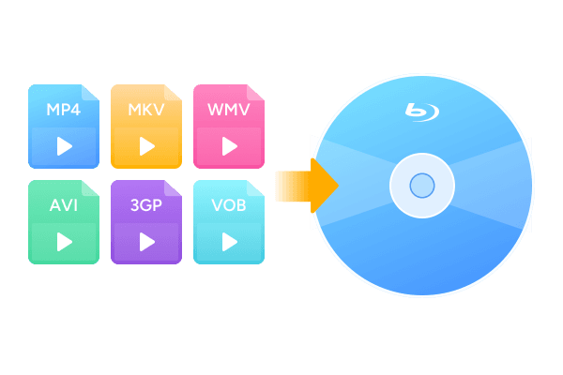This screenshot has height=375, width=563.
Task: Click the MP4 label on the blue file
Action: click(64, 110)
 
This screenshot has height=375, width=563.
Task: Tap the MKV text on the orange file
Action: click(146, 110)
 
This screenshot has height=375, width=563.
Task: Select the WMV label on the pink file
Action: click(229, 110)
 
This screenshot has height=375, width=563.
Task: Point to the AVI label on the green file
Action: click(64, 205)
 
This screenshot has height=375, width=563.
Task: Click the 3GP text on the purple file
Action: click(146, 205)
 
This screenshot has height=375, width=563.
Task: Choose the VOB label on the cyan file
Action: click(229, 205)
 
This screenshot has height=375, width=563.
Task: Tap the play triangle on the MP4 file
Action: click(64, 146)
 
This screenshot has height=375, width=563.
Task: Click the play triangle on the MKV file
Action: click(147, 146)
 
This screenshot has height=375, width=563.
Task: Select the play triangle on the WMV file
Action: click(230, 146)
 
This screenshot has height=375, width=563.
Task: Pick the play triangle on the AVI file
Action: click(64, 242)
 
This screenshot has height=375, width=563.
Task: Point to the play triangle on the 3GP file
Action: click(147, 242)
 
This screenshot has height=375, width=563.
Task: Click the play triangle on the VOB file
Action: click(230, 242)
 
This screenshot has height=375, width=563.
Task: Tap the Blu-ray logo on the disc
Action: click(422, 112)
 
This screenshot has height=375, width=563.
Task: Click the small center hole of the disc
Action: click(422, 186)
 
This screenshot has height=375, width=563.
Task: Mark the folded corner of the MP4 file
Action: click(89, 93)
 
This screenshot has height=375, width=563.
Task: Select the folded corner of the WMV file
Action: click(254, 93)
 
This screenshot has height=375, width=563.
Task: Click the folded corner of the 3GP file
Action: click(172, 188)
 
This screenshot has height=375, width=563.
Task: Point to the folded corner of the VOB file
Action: click(254, 188)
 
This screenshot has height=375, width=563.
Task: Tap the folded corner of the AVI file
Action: click(89, 188)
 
